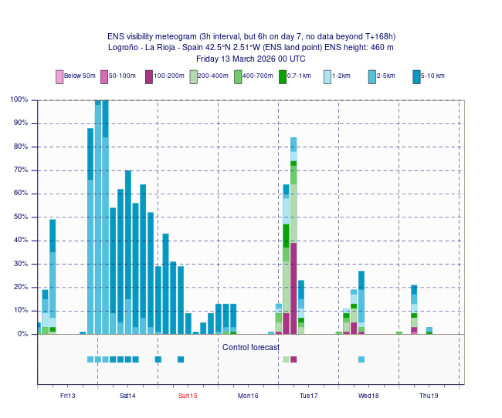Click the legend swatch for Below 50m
[59, 76]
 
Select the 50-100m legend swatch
[104, 76]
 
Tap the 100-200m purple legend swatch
[149, 76]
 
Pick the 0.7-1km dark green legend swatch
[283, 76]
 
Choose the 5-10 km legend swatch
[416, 76]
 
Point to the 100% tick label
[19, 99]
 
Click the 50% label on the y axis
[21, 217]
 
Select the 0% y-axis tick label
[23, 334]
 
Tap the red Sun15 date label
[188, 396]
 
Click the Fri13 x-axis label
[68, 396]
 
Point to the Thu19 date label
[429, 396]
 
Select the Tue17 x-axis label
[308, 396]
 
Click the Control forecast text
[251, 348]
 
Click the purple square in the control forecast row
[293, 359]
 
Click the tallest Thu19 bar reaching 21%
[414, 309]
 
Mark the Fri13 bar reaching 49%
[53, 277]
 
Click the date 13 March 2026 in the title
[246, 59]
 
